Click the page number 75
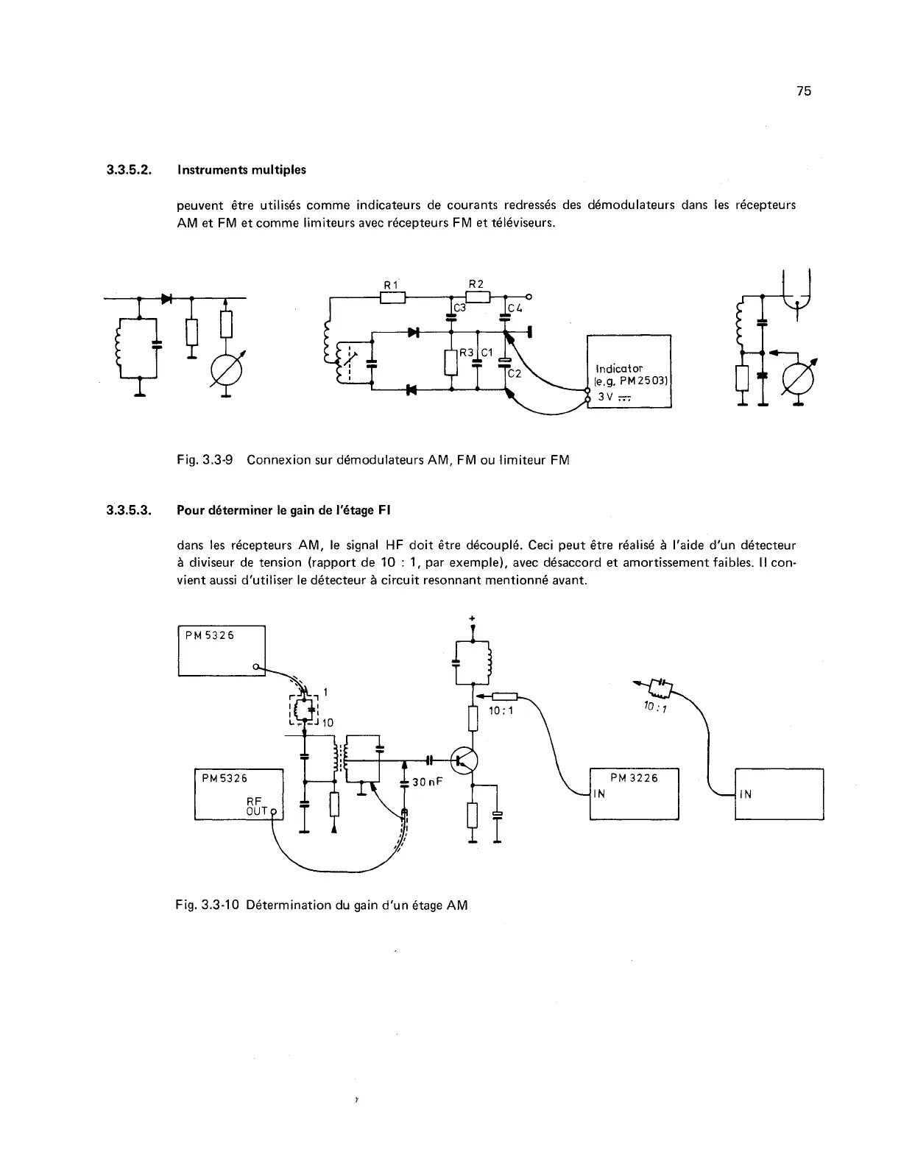click(802, 91)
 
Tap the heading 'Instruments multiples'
click(241, 169)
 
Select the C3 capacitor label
click(459, 308)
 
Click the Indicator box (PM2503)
click(629, 371)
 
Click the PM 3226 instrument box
click(634, 793)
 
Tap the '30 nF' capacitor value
click(427, 782)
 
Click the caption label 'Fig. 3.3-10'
click(208, 904)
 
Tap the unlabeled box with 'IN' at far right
click(779, 793)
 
